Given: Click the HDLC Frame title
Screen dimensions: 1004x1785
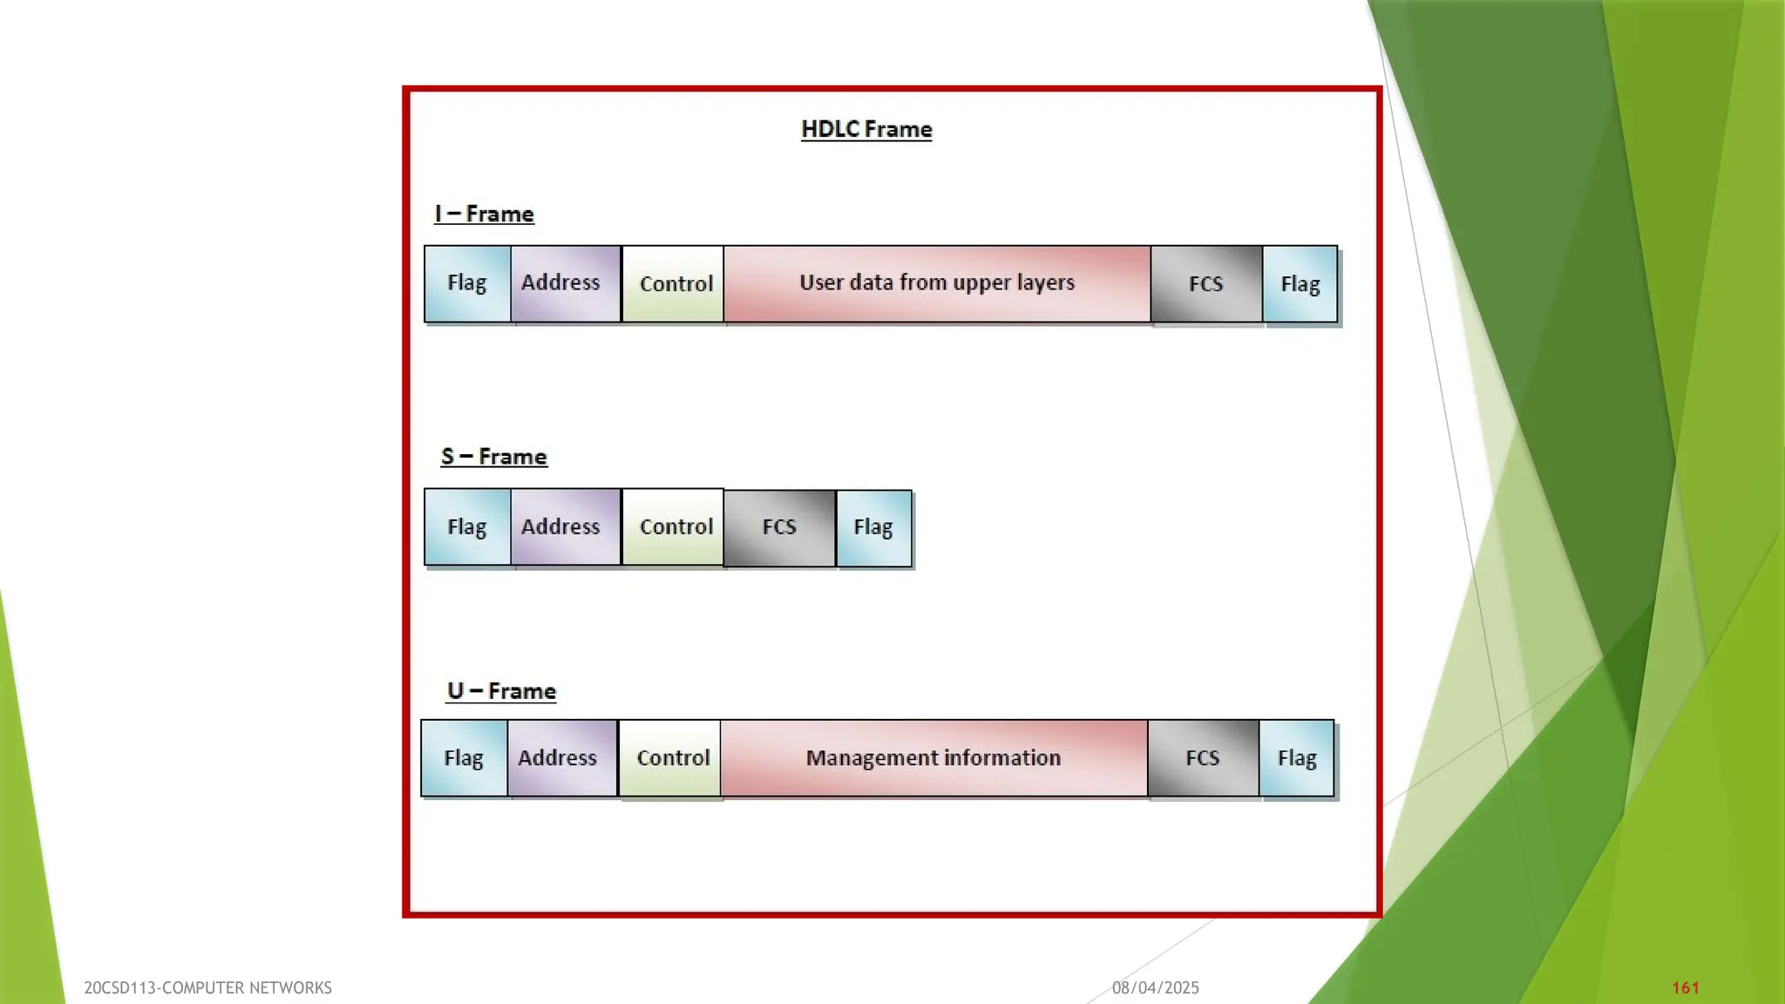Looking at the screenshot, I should [866, 129].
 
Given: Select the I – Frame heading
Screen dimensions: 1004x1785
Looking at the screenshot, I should [485, 214].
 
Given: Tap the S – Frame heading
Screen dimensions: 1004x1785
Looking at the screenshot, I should [494, 457].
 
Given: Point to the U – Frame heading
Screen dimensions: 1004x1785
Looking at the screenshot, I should [501, 691].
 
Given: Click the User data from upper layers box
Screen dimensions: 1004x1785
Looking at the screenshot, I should [937, 283].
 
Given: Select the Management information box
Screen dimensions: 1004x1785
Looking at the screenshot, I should [933, 758].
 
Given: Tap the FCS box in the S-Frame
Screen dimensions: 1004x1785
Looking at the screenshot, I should [779, 527].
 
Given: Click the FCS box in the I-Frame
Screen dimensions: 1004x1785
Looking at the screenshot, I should [1206, 284].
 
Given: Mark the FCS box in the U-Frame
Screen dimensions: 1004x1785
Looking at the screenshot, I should [1203, 758].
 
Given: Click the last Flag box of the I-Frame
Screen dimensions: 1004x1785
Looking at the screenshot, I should [1300, 284].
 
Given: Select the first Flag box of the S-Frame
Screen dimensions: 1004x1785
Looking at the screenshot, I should [467, 527].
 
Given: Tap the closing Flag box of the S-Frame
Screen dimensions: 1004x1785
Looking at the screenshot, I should [873, 527].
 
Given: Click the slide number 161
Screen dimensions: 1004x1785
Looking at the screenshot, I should [1686, 987].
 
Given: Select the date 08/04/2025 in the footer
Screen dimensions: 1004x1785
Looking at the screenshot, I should [1155, 987].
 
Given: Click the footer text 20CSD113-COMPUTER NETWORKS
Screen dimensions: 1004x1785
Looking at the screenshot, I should [207, 987].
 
